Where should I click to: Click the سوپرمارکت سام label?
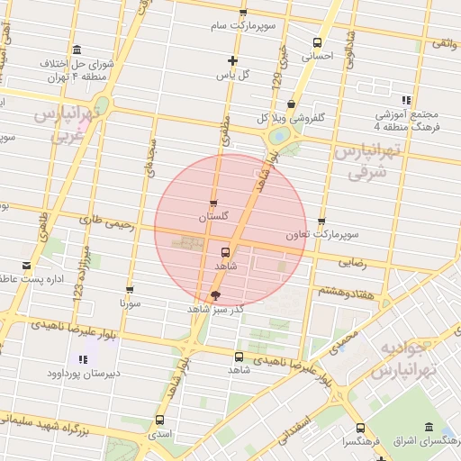coord(241,26)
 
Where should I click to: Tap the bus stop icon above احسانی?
coord(316,42)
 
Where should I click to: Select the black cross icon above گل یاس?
coord(232,61)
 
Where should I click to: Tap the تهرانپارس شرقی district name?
coord(363,162)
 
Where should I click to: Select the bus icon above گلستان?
coord(213,203)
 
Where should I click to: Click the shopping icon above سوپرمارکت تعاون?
coord(321,221)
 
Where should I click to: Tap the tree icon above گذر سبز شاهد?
coord(214,294)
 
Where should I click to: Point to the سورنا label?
coord(130,304)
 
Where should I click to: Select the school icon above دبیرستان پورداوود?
coord(84,360)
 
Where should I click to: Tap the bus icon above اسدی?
coord(160,420)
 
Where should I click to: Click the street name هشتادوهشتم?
coord(339,292)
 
